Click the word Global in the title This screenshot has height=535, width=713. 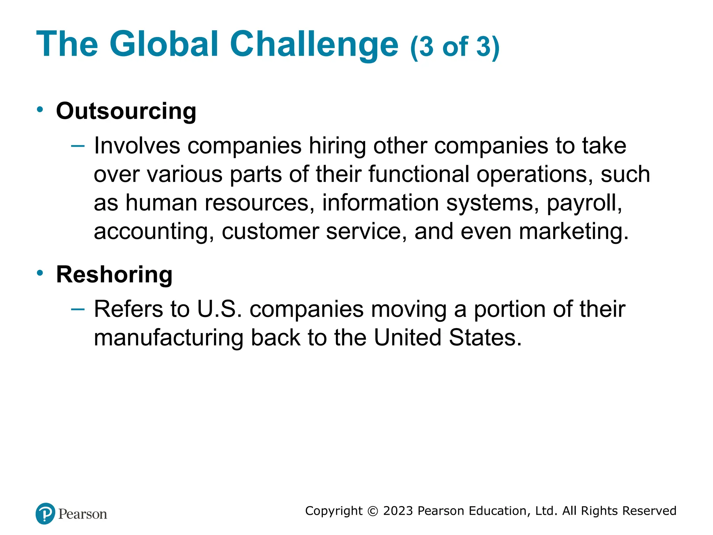(164, 44)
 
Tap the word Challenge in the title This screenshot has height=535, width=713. (314, 44)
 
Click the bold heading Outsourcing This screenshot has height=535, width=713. (126, 111)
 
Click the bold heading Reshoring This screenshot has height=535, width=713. (114, 274)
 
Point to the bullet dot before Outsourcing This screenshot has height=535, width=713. (40, 109)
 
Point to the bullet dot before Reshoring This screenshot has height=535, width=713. (40, 273)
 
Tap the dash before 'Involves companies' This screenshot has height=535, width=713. (77, 146)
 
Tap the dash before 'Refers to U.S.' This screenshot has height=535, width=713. (77, 309)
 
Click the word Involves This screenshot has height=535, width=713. (137, 146)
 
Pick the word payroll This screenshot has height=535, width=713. (584, 203)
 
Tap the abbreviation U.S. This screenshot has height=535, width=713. (219, 309)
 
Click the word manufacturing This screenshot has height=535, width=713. (169, 338)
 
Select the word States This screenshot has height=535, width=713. (485, 338)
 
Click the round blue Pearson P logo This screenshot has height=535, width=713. (45, 514)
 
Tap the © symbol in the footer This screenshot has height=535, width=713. (373, 511)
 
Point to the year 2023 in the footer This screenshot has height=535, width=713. (398, 511)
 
